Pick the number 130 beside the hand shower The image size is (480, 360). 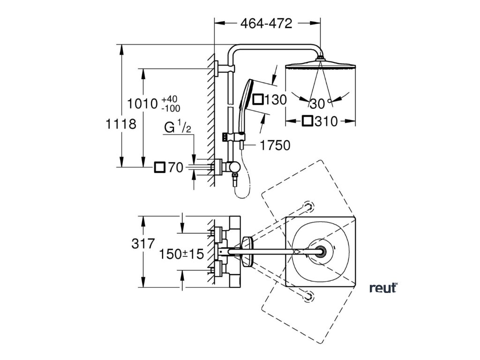[276, 100]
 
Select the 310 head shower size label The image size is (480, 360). [326, 121]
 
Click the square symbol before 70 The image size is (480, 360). [160, 167]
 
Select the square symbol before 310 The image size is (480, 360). [307, 121]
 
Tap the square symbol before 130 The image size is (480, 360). [258, 100]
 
